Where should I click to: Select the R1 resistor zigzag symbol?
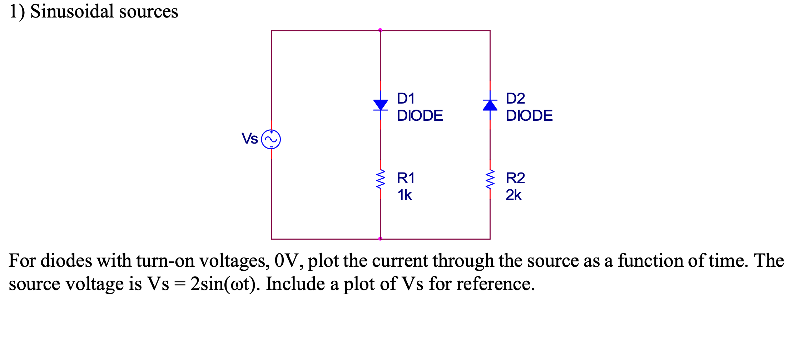click(381, 180)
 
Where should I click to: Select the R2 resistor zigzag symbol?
click(490, 180)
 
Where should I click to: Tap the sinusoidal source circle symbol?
click(271, 139)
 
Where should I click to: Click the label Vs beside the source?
click(249, 139)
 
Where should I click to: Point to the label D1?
click(406, 98)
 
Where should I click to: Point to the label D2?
click(515, 98)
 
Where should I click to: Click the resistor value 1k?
click(405, 195)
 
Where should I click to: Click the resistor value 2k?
click(513, 195)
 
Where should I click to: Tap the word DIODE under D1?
click(420, 115)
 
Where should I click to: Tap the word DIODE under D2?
click(529, 115)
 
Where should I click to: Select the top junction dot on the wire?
click(380, 30)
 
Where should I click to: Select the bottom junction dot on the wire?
click(380, 239)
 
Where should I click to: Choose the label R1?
click(406, 178)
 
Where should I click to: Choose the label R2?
click(515, 178)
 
